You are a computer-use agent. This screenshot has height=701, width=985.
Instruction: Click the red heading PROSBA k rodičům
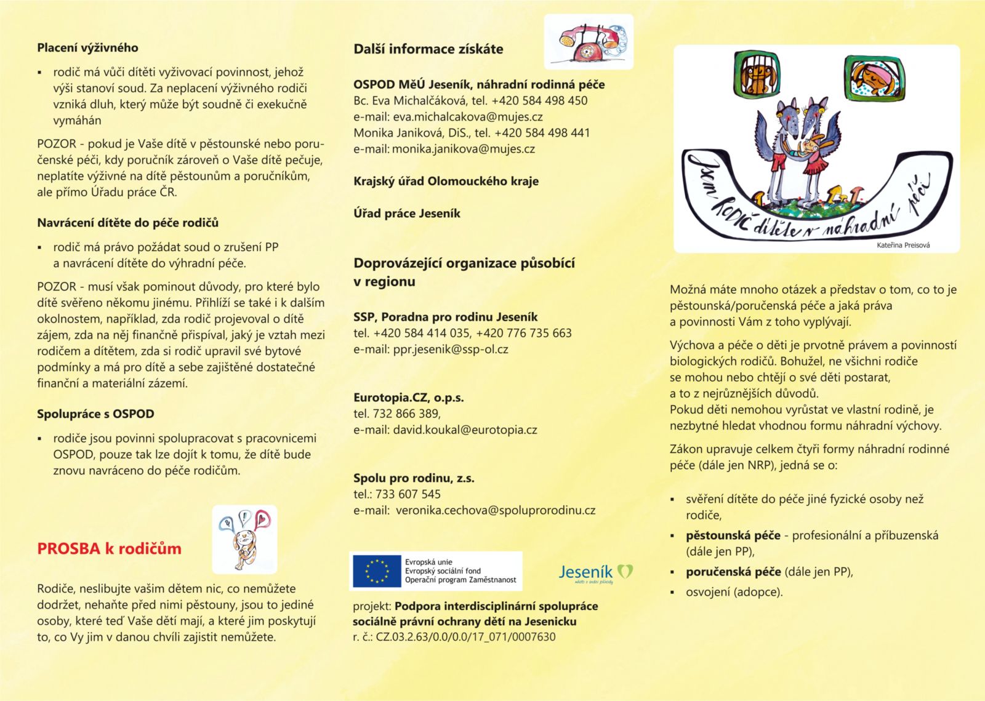tap(109, 548)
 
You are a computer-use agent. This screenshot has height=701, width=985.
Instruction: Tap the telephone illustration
tap(589, 42)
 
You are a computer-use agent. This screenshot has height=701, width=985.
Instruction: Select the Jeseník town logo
tap(595, 572)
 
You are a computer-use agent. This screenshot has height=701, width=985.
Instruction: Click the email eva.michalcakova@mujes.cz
tap(468, 116)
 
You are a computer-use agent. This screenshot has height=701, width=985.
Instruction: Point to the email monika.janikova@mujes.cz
tap(463, 148)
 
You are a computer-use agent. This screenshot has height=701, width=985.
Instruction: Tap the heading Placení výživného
tap(87, 47)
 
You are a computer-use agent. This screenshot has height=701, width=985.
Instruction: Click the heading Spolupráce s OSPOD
tap(95, 414)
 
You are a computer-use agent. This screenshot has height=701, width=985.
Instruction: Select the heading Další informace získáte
tap(428, 49)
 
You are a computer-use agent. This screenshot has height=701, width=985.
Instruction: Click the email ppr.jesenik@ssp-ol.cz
tap(451, 349)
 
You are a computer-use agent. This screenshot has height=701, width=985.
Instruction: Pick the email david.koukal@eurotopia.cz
tap(465, 430)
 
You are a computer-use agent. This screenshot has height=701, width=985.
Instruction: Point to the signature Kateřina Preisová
tap(903, 245)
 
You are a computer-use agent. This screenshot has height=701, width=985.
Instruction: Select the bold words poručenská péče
tap(733, 572)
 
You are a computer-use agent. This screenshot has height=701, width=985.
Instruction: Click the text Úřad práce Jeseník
tap(406, 214)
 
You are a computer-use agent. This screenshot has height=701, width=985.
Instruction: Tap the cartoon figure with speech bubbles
tap(244, 540)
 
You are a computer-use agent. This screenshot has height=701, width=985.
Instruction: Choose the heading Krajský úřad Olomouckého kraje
tap(446, 181)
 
